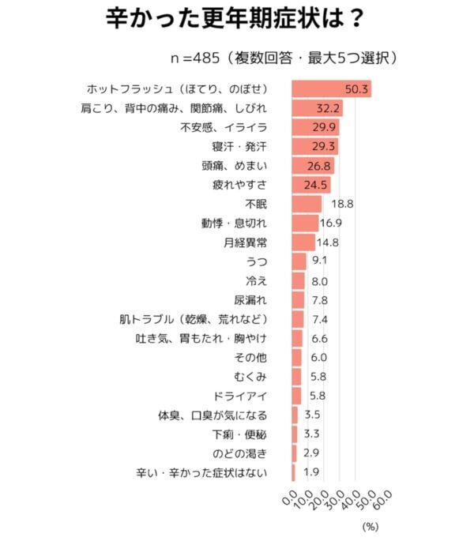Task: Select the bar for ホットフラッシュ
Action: (x=332, y=88)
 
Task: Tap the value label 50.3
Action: (x=356, y=88)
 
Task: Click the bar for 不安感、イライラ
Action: (x=316, y=127)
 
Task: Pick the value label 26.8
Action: (x=319, y=166)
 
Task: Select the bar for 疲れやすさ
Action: (x=311, y=185)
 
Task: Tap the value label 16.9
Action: (x=331, y=223)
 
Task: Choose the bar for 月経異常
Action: (x=303, y=242)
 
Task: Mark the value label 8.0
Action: (x=319, y=280)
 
